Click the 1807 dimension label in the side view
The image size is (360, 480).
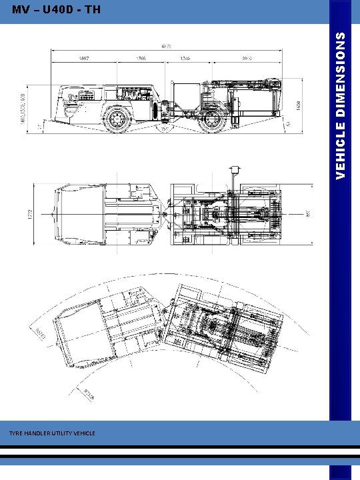pos(85,57)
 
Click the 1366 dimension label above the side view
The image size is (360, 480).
pos(141,57)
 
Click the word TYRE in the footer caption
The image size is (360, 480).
pos(16,433)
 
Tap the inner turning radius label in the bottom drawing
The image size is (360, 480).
pos(89,394)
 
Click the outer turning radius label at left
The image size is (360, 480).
pos(39,331)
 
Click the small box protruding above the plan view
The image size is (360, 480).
pos(235,171)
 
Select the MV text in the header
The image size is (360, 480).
pos(21,10)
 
